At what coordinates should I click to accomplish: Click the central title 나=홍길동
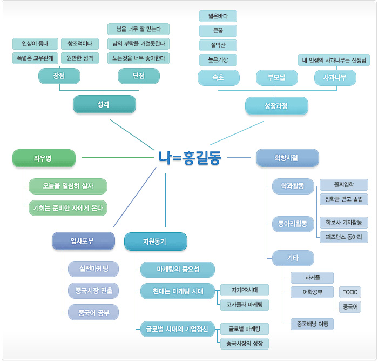190,158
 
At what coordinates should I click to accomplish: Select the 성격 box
104,104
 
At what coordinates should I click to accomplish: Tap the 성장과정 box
276,106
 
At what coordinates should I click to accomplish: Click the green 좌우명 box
44,158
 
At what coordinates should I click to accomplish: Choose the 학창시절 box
287,158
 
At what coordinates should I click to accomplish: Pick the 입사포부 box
83,241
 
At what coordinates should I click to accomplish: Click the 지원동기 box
156,242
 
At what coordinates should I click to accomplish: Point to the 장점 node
59,76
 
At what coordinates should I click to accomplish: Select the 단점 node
139,76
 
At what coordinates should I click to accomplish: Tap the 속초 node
219,78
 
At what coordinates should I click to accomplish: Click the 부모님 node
277,78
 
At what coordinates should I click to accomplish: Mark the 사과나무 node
335,78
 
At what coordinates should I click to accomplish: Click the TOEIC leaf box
350,292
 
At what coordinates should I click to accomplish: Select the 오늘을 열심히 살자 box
68,186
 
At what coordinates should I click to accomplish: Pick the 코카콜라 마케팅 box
245,305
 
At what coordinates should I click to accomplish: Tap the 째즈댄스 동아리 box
344,237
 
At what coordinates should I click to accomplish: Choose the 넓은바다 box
218,16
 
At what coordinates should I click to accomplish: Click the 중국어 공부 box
93,312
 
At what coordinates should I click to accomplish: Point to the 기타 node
293,258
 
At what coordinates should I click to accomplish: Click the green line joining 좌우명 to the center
118,157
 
